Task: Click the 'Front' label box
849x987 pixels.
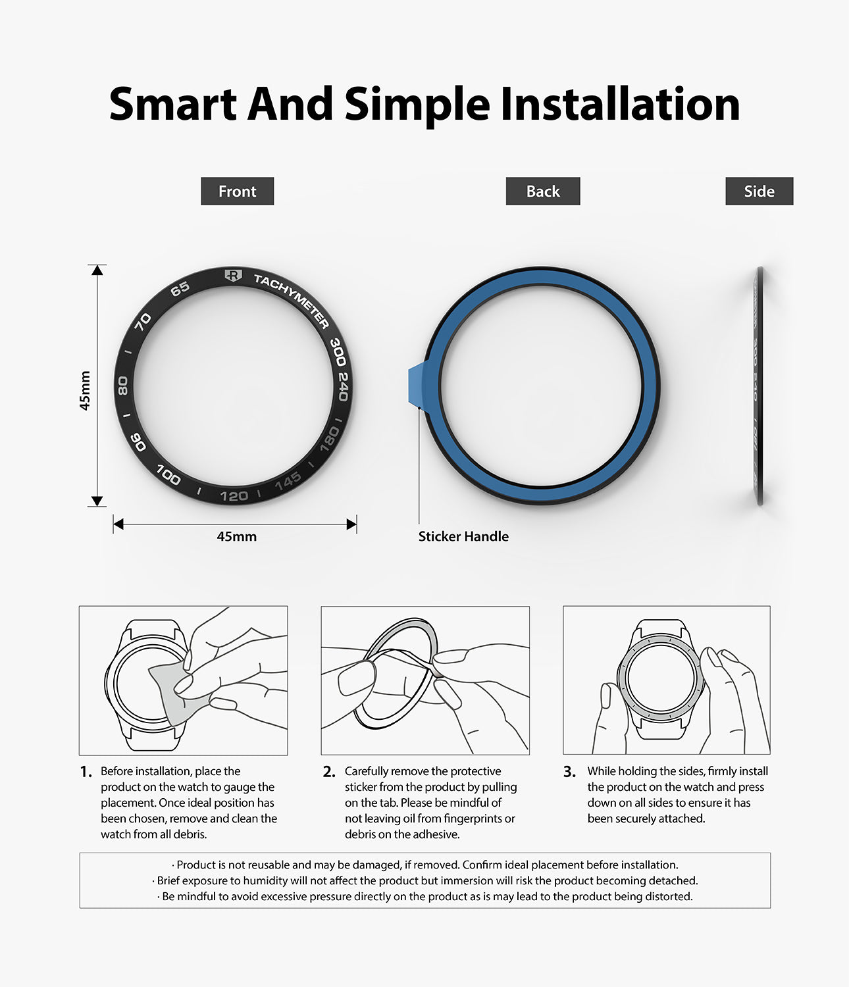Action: click(x=237, y=191)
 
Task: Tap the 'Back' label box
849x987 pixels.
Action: click(x=542, y=191)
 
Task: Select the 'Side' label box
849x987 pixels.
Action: click(x=759, y=191)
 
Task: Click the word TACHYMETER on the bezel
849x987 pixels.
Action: click(x=292, y=300)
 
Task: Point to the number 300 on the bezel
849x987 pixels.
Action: click(x=338, y=351)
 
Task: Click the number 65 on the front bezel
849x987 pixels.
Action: click(x=180, y=289)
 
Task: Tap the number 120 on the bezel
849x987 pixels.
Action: click(x=234, y=495)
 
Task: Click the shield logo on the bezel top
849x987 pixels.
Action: click(x=232, y=276)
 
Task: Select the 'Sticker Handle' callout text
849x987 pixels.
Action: click(x=463, y=536)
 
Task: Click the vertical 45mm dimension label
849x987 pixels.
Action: click(x=85, y=390)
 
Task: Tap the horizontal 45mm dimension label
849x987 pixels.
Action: click(x=236, y=536)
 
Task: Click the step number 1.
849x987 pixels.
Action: click(x=86, y=772)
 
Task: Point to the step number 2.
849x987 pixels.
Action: click(x=329, y=772)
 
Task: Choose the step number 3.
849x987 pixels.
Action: click(x=569, y=772)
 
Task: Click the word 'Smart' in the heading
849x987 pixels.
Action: click(x=173, y=104)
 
